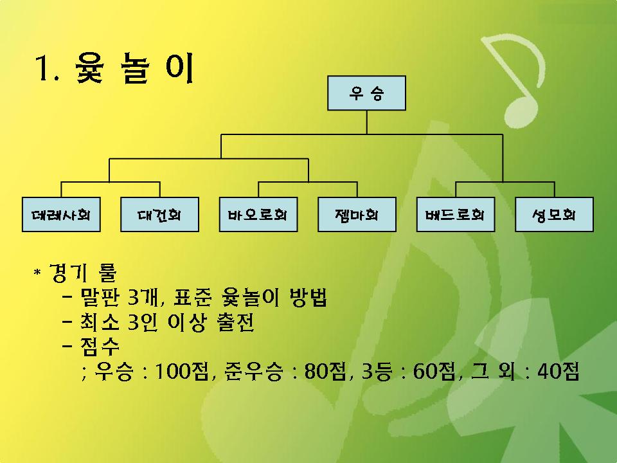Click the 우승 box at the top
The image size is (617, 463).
point(366,93)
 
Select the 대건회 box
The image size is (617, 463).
point(159,215)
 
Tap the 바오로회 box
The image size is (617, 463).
point(258,215)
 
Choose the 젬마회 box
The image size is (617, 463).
point(357,215)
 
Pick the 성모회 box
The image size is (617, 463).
point(554,215)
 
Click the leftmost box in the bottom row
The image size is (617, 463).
point(61,215)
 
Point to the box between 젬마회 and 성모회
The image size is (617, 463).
point(456,215)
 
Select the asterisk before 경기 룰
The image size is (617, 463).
point(37,272)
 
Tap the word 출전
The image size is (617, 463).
point(235,322)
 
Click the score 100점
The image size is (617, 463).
point(181,371)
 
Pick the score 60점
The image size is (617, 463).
point(434,371)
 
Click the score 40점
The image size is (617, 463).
point(559,371)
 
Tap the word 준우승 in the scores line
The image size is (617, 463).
point(253,371)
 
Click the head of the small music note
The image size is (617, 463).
point(521,112)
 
